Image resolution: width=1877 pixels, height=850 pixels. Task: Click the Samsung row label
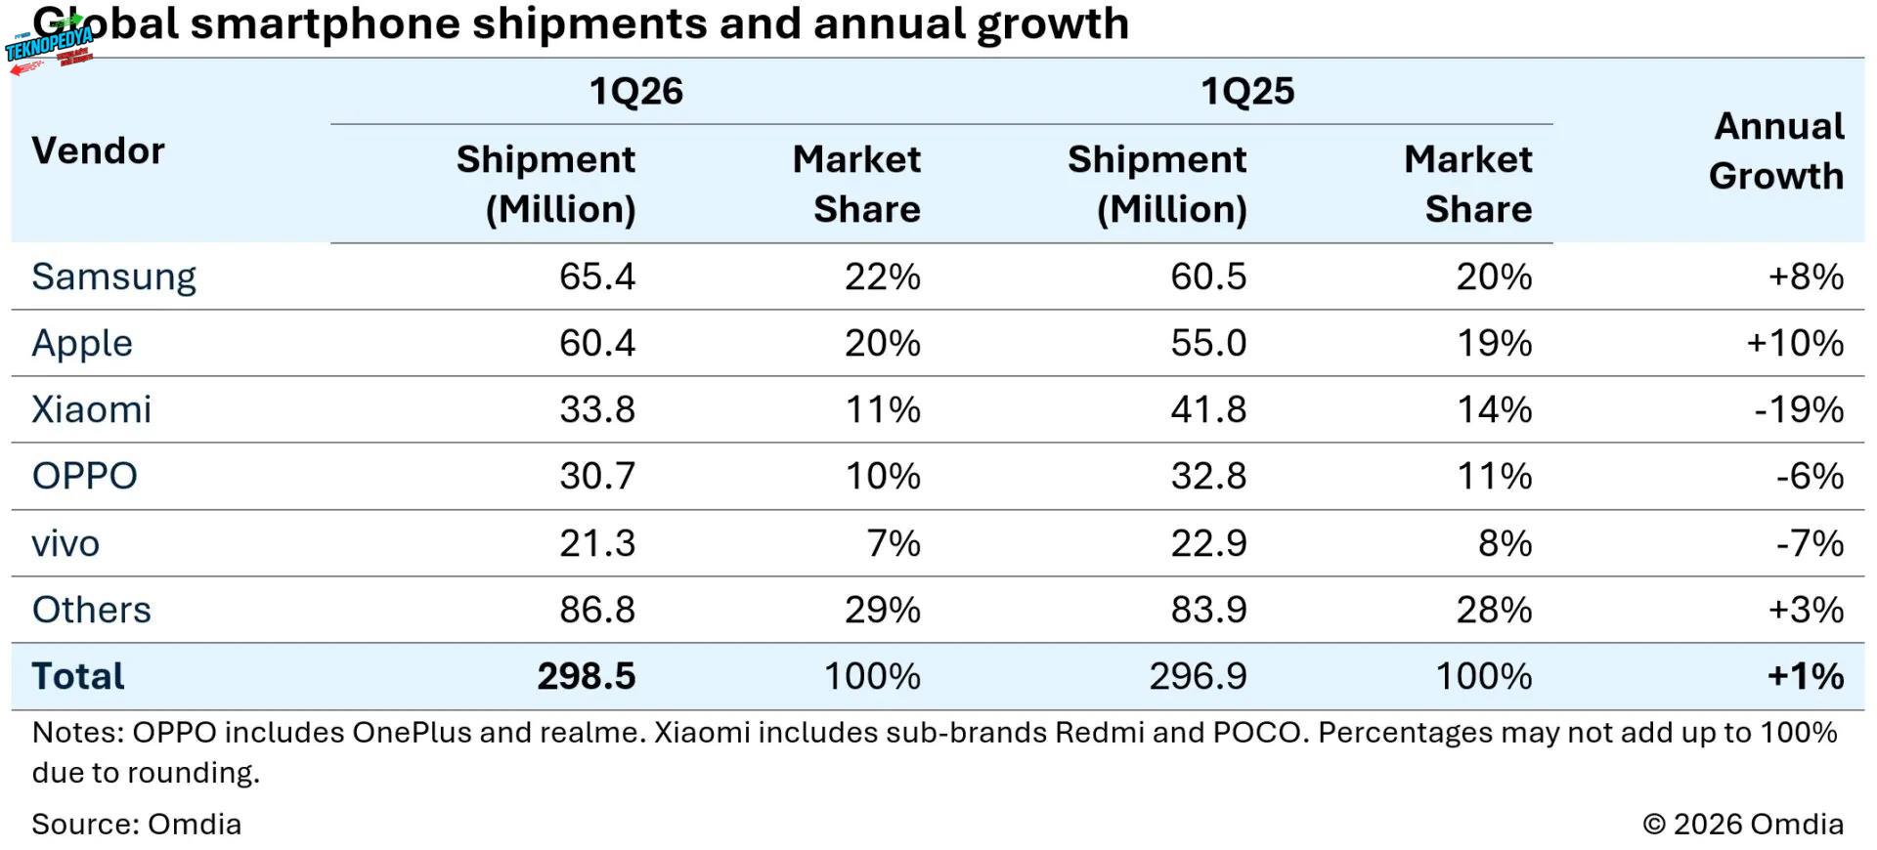[113, 276]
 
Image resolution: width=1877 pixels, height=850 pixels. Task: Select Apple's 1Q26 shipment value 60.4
[596, 343]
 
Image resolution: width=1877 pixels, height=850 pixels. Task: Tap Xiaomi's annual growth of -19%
[1799, 409]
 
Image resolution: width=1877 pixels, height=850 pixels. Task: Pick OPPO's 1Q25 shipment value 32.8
[1208, 476]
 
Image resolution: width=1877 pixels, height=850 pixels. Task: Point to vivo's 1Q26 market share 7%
[894, 543]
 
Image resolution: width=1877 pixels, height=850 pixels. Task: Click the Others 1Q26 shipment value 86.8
[596, 610]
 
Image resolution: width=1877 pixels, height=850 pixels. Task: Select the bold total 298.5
[586, 676]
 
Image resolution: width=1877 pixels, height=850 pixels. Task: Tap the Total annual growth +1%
[1805, 676]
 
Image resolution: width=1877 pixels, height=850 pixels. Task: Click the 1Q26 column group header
[635, 92]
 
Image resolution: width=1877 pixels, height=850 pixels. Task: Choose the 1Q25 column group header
[1246, 92]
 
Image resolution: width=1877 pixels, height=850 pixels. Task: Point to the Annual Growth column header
[1777, 150]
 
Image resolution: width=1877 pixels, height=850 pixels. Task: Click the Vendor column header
[98, 150]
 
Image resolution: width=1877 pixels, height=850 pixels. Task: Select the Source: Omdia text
[136, 824]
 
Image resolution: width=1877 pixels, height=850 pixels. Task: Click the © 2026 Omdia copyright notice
[1743, 824]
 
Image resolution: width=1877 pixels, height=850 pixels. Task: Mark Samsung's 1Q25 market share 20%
[1493, 276]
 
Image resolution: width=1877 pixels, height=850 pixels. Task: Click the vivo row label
[65, 543]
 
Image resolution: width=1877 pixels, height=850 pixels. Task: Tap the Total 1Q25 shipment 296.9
[1198, 676]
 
